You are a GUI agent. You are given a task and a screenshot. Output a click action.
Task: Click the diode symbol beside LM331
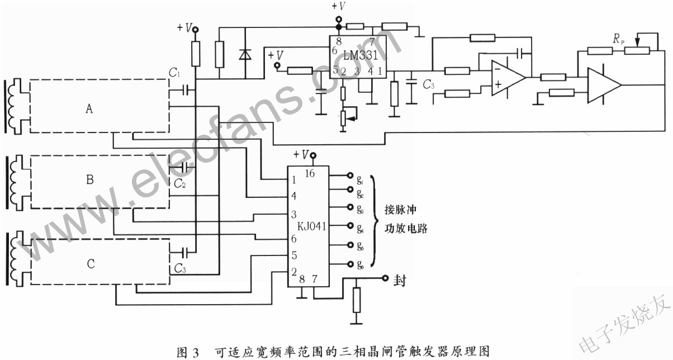tap(244, 54)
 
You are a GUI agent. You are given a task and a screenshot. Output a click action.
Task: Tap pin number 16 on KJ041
tap(310, 173)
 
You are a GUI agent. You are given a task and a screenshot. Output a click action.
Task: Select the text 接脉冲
tap(397, 211)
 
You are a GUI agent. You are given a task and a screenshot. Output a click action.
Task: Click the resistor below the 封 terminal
tap(356, 300)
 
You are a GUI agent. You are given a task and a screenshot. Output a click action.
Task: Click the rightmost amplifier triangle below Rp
tap(603, 84)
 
